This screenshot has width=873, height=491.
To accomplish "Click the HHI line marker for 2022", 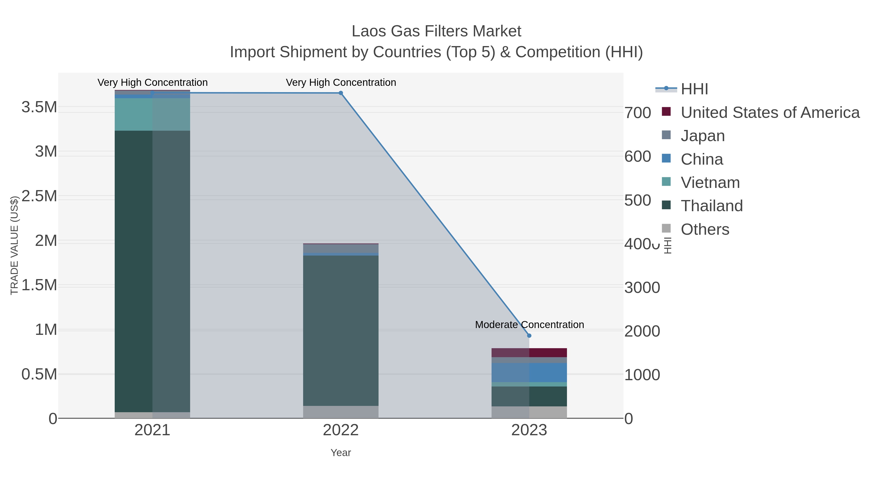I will (341, 93).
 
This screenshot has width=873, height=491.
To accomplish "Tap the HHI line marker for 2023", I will (529, 336).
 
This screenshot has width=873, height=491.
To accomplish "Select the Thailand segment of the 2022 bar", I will (341, 330).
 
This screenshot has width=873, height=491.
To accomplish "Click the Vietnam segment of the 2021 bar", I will (152, 114).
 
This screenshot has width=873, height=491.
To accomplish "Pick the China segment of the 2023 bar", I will (529, 372).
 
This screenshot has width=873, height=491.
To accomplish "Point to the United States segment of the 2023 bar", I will (529, 353).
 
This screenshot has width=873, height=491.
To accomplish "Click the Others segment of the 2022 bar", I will (341, 412).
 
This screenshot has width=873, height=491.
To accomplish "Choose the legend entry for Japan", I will (702, 136).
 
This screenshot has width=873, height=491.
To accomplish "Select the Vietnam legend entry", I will (710, 183).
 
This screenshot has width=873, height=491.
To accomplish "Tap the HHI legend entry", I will (694, 89).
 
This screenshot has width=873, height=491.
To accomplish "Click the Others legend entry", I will (704, 229).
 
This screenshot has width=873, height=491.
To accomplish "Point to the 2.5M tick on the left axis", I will (39, 196).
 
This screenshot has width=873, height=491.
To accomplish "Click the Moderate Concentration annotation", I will (529, 325).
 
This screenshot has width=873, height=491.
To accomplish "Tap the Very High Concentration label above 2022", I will (341, 82).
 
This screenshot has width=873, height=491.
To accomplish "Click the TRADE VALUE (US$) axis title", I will (14, 245).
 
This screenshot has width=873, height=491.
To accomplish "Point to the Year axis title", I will (341, 453).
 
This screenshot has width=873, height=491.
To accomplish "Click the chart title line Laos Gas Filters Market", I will (436, 31).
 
